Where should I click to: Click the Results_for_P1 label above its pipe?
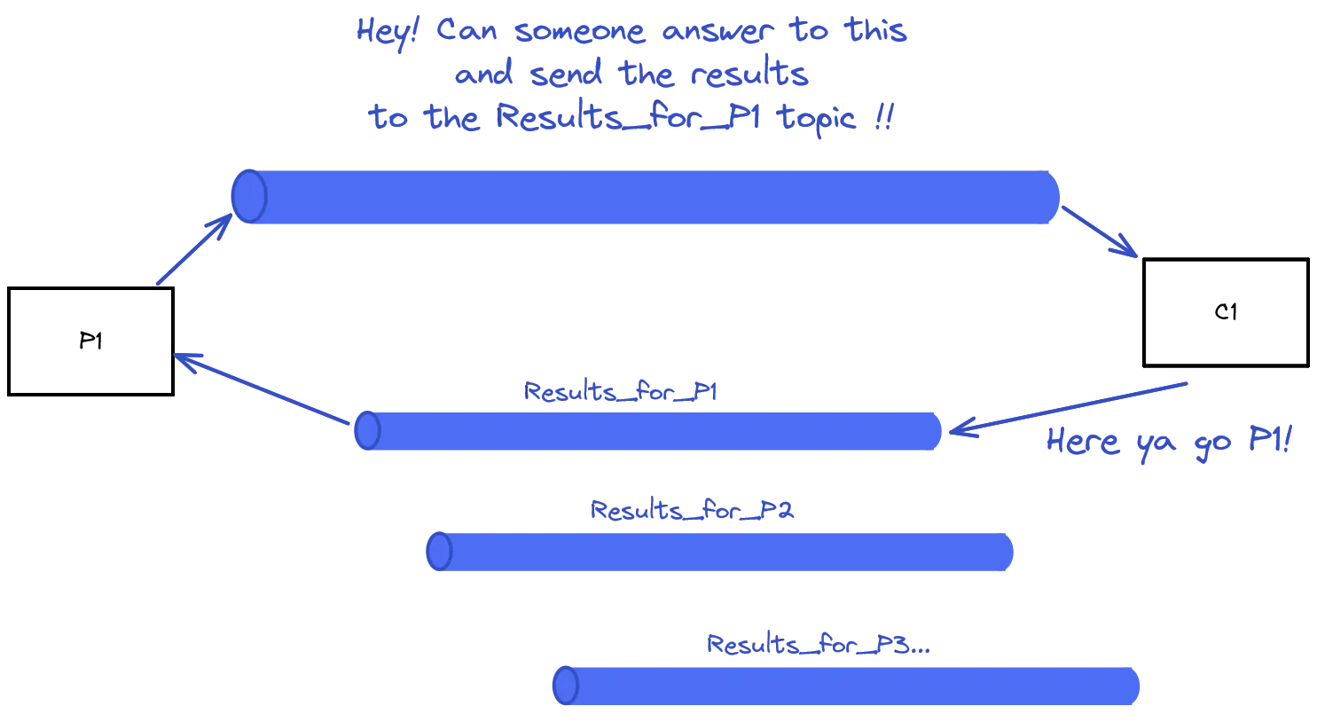(620, 392)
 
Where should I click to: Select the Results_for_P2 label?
(691, 510)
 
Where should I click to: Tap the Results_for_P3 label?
(816, 645)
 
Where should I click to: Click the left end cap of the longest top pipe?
(249, 196)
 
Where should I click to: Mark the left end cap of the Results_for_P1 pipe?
(367, 431)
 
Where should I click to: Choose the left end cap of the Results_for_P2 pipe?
(439, 552)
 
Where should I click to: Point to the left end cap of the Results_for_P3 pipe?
(566, 687)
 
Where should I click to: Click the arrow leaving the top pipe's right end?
(1101, 233)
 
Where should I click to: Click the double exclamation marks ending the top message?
(882, 119)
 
